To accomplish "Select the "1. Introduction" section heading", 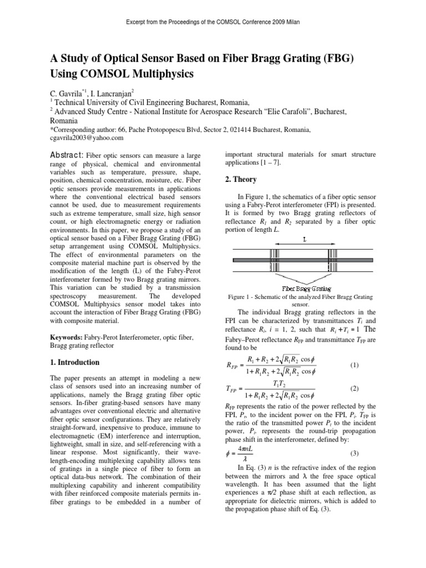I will [x=75, y=362].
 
